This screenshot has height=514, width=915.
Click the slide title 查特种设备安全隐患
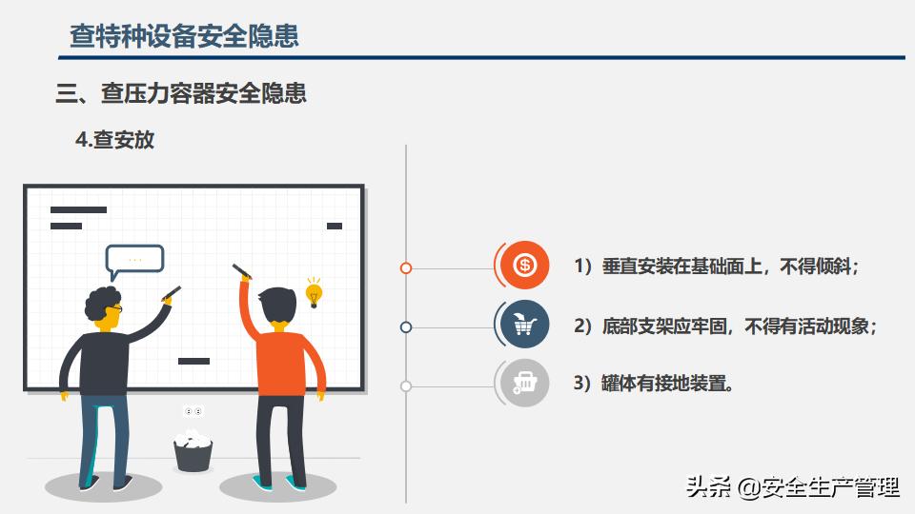point(184,35)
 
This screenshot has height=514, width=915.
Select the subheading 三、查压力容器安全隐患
point(181,93)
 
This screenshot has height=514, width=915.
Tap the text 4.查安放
point(115,140)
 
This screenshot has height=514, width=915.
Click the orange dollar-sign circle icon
point(524,266)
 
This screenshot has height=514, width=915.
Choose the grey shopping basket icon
point(524,383)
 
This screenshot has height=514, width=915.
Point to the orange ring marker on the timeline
point(406,268)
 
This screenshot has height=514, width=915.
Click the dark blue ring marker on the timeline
point(406,327)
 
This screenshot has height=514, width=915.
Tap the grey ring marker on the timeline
point(406,386)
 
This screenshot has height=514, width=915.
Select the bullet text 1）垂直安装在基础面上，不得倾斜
point(717,267)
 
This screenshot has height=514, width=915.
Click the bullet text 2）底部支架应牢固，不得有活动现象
point(725,326)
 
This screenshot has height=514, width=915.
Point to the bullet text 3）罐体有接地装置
point(654,384)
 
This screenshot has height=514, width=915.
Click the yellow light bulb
point(314,292)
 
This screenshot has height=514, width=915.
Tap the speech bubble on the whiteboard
point(134,261)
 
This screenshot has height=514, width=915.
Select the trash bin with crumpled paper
point(193,450)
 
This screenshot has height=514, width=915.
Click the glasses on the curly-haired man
point(115,307)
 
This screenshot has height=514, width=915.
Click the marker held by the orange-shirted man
point(241,271)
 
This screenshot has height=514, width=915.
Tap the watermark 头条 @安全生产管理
point(792,487)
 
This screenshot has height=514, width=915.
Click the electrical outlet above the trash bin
point(193,411)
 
